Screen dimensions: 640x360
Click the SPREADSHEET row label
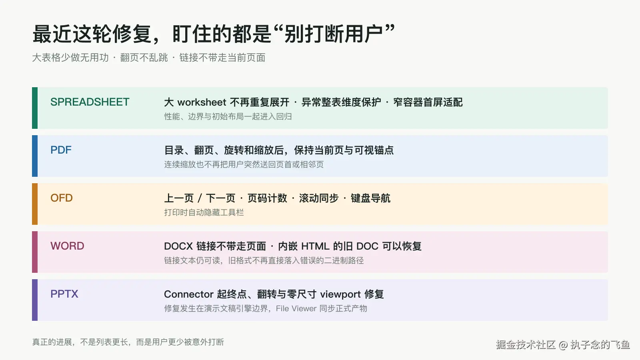click(90, 102)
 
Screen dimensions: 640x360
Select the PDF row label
click(61, 150)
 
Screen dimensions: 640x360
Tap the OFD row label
click(62, 198)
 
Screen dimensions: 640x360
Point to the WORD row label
click(67, 246)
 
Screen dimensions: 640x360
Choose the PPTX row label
click(64, 294)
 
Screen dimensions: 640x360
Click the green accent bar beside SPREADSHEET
click(35, 108)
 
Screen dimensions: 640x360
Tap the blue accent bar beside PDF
click(35, 156)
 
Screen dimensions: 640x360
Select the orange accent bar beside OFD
click(35, 204)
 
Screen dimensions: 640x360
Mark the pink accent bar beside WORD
click(35, 252)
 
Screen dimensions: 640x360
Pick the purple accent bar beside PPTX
click(35, 300)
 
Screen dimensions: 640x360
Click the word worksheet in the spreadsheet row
click(202, 102)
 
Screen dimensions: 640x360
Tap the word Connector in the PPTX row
click(188, 294)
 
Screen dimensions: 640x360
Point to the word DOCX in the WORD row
click(178, 246)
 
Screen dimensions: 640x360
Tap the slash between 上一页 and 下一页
click(200, 198)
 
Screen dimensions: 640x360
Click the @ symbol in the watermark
click(563, 345)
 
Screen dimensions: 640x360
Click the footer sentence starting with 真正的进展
click(128, 342)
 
